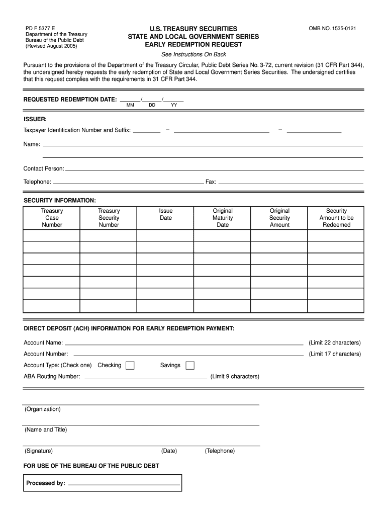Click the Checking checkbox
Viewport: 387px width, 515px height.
click(130, 366)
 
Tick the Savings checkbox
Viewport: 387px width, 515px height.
click(190, 366)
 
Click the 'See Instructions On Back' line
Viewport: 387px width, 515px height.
click(193, 54)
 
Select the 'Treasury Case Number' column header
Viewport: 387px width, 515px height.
click(52, 218)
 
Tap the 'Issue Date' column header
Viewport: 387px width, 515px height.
click(166, 214)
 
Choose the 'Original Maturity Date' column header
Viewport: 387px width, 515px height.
click(223, 218)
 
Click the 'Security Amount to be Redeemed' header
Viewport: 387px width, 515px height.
click(336, 218)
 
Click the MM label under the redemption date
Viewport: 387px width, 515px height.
click(130, 106)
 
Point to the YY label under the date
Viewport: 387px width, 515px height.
click(174, 106)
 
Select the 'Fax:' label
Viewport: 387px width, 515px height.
click(211, 182)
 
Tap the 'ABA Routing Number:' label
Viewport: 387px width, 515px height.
click(52, 377)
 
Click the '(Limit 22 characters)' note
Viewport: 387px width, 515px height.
click(334, 343)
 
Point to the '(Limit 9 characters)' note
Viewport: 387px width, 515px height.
click(235, 377)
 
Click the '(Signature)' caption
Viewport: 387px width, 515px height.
click(39, 451)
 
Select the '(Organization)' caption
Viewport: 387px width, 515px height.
click(42, 409)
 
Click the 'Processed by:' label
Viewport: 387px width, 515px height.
click(46, 483)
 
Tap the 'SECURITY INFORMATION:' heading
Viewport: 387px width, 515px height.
click(60, 201)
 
